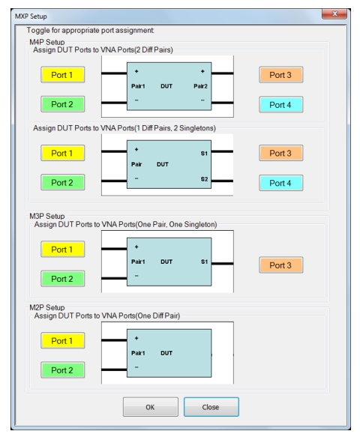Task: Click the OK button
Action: [150, 407]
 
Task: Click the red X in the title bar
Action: [334, 13]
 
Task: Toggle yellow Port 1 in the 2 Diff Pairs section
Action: [62, 75]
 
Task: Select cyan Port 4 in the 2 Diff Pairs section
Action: [280, 105]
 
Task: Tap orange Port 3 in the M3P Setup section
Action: [280, 265]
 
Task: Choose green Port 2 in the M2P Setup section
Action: [62, 370]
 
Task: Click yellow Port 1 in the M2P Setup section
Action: [62, 340]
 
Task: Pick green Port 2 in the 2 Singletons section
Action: [62, 183]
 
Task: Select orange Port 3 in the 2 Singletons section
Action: [280, 153]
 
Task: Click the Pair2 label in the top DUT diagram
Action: [200, 86]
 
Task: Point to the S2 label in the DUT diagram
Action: [204, 179]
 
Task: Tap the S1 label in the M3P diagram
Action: [204, 262]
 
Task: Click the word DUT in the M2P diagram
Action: [166, 353]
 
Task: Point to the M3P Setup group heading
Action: [46, 216]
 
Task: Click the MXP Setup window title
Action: [31, 16]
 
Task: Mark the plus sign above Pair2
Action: [202, 71]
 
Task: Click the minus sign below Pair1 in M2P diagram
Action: [136, 367]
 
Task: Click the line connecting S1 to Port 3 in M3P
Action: [223, 263]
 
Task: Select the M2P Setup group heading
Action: [46, 307]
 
